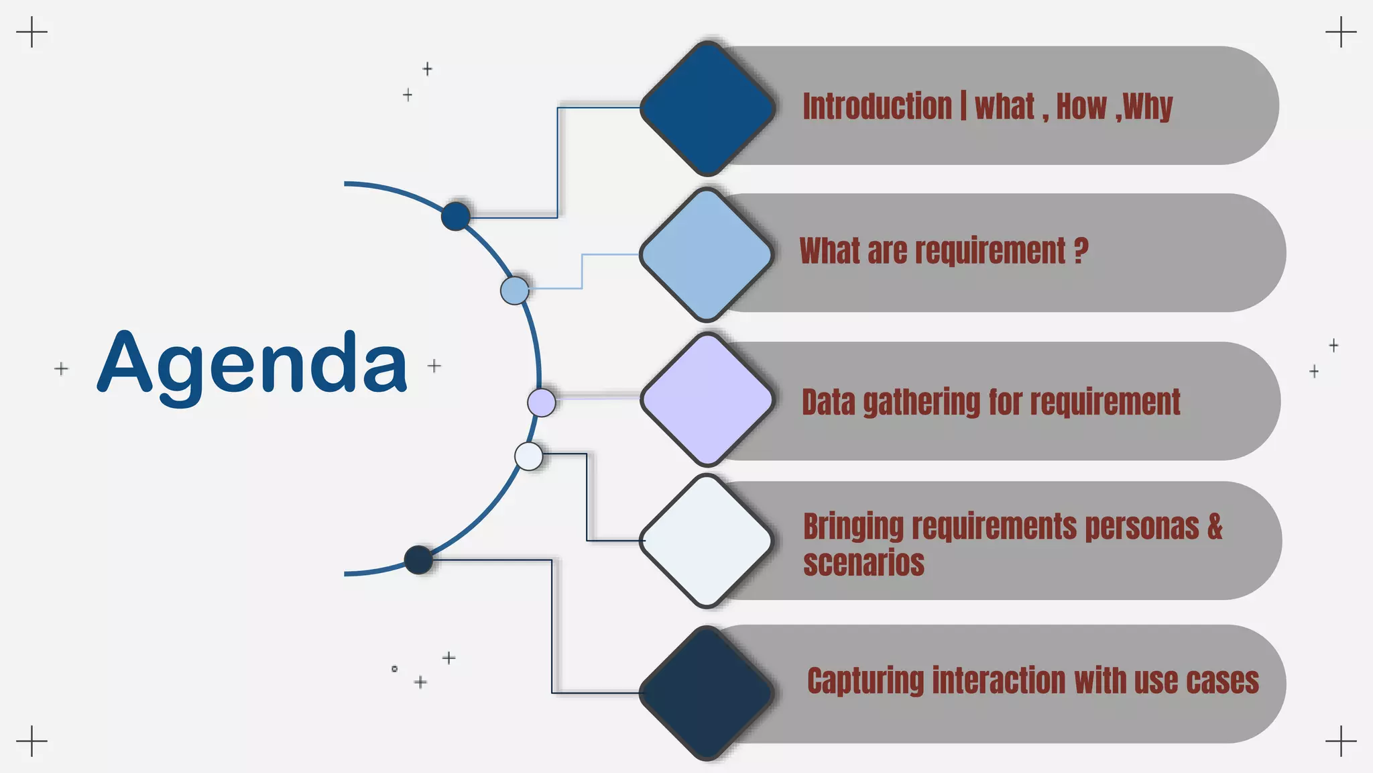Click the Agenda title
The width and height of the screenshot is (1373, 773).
point(252,363)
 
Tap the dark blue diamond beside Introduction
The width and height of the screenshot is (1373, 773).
point(707,108)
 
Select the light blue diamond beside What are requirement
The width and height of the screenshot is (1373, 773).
point(707,254)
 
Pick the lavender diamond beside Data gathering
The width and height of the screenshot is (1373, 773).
point(707,399)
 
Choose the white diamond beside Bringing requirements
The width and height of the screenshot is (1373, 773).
point(707,540)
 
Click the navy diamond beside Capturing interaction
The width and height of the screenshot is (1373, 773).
point(707,692)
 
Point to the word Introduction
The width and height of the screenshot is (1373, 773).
point(877,107)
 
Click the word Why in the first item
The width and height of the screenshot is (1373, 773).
point(1148,107)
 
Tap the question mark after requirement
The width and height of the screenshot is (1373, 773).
point(1080,251)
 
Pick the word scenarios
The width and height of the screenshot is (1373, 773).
point(863,563)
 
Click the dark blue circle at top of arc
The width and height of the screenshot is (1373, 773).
point(456,216)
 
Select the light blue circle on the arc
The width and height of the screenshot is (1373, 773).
point(515,291)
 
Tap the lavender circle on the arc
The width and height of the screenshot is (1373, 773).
point(542,403)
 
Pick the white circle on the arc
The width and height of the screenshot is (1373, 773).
point(529,456)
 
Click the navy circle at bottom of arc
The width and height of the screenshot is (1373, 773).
point(419,560)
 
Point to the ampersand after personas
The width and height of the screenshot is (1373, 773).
point(1215,527)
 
